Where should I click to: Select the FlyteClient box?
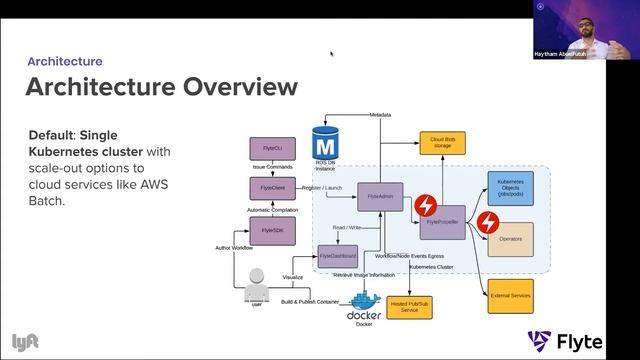coord(267,189)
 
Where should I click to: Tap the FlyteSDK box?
coord(267,230)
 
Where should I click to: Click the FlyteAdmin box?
coord(379,197)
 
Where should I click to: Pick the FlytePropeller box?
coord(442,220)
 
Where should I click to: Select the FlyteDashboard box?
coord(337,256)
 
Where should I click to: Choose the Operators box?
coord(510,239)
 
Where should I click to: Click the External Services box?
coord(510,295)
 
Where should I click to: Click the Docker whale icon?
coord(365,299)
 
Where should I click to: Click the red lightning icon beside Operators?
coord(487,222)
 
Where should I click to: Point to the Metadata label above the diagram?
coord(379,115)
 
